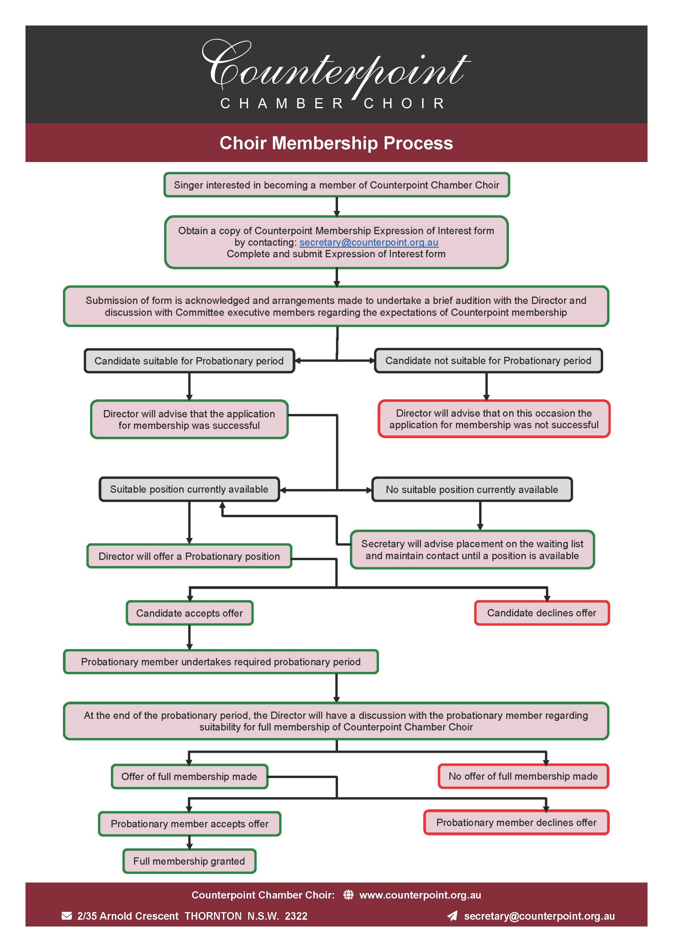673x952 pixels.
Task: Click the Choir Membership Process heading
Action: [336, 143]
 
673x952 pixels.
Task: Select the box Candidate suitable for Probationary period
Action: [189, 361]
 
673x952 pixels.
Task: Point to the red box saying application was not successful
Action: [494, 419]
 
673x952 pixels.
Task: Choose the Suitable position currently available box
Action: [189, 489]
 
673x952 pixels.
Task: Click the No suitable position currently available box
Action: [472, 490]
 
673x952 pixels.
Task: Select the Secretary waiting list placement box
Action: [472, 550]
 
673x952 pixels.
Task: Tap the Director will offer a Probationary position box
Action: [189, 556]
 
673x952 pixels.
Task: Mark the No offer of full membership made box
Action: [523, 776]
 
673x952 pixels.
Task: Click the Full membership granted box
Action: [189, 861]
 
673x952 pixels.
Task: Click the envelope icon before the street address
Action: [66, 916]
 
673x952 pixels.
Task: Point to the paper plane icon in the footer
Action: [452, 916]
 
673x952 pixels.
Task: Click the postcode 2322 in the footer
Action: [296, 916]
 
